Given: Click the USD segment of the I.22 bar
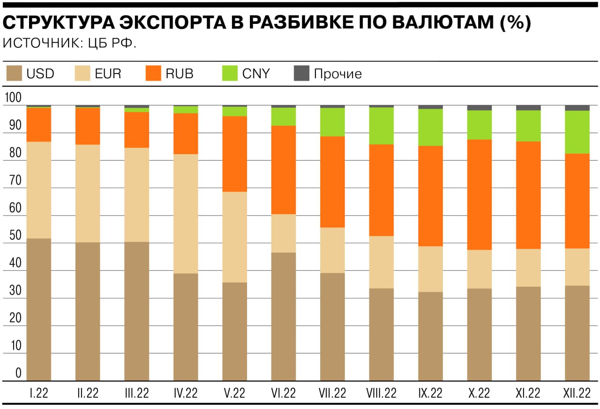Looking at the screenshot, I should (x=39, y=309).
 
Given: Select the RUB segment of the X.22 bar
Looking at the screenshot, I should (x=480, y=194).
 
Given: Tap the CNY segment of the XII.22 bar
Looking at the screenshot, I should (x=577, y=132).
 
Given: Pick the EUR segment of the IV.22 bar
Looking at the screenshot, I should (x=186, y=214).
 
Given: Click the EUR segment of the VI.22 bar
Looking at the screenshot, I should (x=284, y=233).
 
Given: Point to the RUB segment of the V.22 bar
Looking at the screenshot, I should (x=235, y=154).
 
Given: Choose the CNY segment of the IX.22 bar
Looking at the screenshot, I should (x=430, y=127).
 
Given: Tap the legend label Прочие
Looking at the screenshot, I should (x=337, y=74).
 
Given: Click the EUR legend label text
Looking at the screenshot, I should (x=107, y=74).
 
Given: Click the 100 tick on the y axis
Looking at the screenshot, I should (x=13, y=98).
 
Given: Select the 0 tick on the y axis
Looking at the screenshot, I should (x=18, y=373).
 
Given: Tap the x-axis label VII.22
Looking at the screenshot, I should (x=332, y=393).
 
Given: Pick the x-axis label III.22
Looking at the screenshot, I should (x=136, y=393).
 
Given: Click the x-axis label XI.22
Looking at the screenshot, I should (x=528, y=393).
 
